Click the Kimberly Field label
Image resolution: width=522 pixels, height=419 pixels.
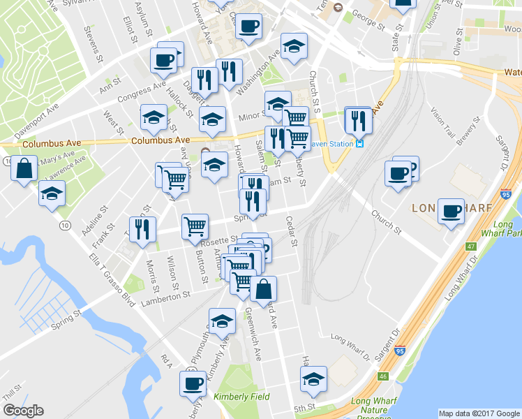point(241,397)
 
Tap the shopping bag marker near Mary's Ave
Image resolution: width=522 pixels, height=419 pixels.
point(24,169)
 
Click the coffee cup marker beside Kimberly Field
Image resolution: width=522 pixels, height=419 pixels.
point(193,383)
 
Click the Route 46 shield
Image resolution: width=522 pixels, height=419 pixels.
point(383,376)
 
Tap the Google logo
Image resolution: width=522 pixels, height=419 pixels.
point(23,411)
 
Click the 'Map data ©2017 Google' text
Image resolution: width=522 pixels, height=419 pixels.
point(479,413)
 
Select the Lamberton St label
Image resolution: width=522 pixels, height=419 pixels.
point(165,295)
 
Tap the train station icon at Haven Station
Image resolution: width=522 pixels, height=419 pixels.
point(359,144)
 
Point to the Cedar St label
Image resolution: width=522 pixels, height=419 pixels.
point(292,234)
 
